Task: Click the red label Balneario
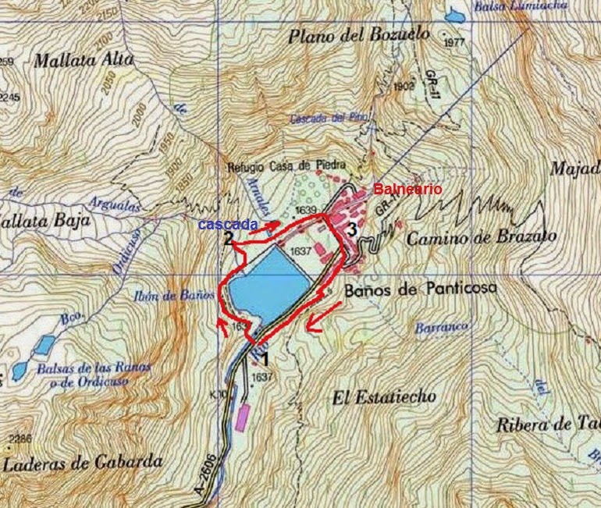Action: coord(407,190)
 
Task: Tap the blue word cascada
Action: coord(227,225)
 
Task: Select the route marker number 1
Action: coord(265,360)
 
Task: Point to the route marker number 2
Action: coord(228,240)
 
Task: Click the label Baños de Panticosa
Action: coord(419,290)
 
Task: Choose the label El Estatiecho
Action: coord(383,398)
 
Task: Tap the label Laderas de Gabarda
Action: coord(83,464)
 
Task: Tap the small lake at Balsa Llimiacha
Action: coord(453,15)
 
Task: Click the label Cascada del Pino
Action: coord(328,119)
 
